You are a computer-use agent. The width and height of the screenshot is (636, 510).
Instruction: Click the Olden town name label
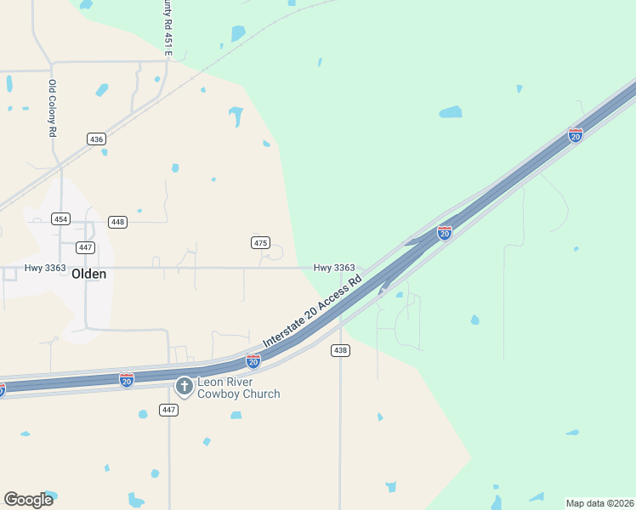pyautogui.click(x=89, y=274)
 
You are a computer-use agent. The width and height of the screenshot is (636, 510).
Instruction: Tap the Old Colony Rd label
pyautogui.click(x=53, y=108)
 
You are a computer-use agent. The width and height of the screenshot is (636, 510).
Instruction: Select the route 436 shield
pyautogui.click(x=96, y=139)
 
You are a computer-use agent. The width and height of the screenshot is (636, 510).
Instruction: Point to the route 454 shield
pyautogui.click(x=60, y=218)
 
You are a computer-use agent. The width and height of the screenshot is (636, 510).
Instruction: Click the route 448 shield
pyautogui.click(x=117, y=222)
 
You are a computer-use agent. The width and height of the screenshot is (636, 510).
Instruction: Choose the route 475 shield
pyautogui.click(x=260, y=243)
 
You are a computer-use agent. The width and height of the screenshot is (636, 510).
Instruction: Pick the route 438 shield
pyautogui.click(x=340, y=350)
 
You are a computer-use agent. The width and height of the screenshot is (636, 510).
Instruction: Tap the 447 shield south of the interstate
pyautogui.click(x=168, y=411)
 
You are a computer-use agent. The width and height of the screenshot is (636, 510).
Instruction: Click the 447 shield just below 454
pyautogui.click(x=84, y=247)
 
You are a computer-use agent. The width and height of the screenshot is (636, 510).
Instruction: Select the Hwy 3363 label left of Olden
pyautogui.click(x=45, y=268)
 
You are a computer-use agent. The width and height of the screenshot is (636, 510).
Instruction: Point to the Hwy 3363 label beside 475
pyautogui.click(x=334, y=268)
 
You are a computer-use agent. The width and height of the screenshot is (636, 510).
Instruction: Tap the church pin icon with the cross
pyautogui.click(x=184, y=387)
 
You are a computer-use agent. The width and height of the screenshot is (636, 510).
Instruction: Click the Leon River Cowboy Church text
pyautogui.click(x=239, y=388)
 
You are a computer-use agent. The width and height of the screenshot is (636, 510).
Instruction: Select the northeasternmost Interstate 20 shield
pyautogui.click(x=576, y=135)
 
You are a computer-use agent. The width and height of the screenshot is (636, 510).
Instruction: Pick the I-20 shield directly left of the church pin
pyautogui.click(x=127, y=379)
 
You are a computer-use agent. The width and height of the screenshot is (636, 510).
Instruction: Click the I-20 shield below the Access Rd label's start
pyautogui.click(x=253, y=361)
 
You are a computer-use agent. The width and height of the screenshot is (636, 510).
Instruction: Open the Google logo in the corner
pyautogui.click(x=28, y=500)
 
